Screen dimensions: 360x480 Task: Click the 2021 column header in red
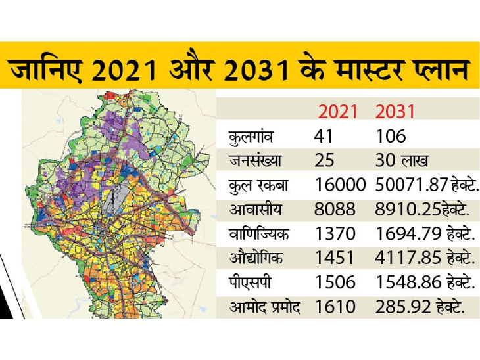339,111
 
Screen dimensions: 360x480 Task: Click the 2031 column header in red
396,111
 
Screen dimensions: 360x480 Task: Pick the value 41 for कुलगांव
325,137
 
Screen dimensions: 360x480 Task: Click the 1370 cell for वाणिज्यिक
335,234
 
